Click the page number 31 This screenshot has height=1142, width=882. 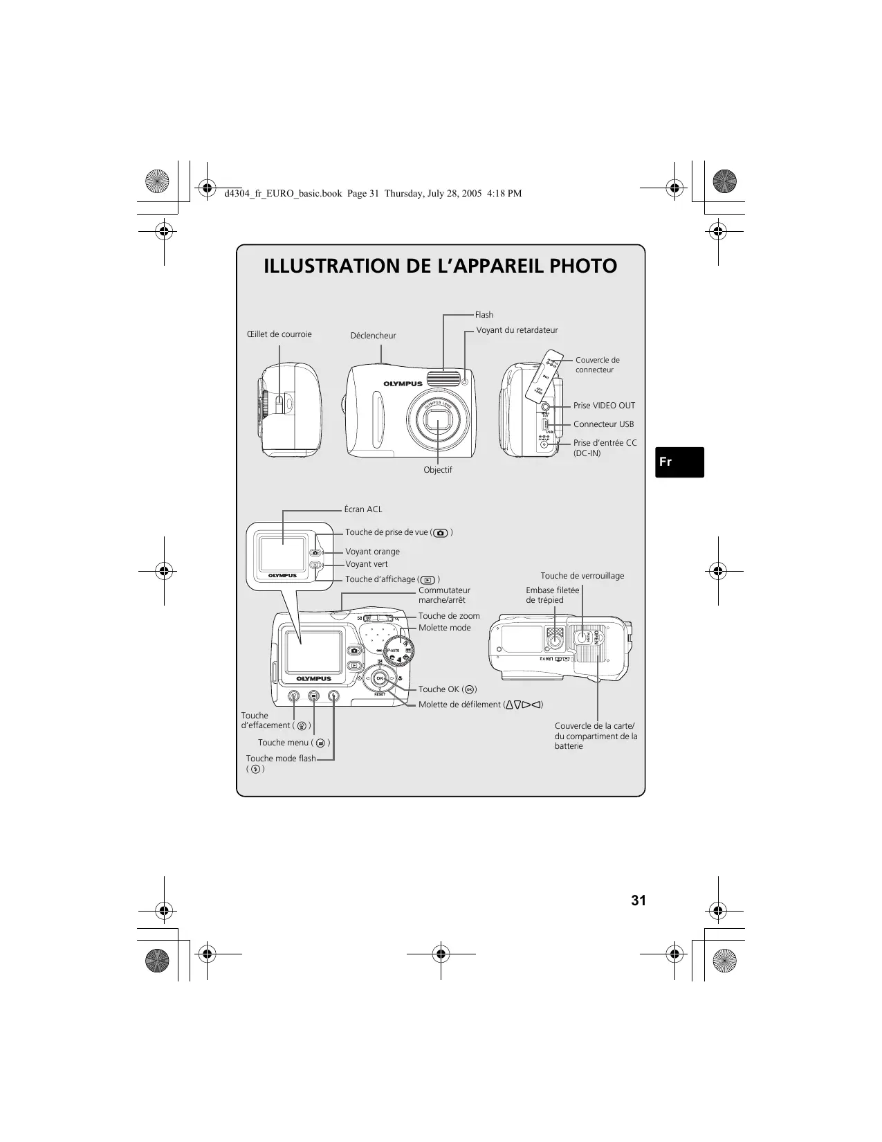(x=638, y=900)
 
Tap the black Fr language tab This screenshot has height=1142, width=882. (x=679, y=462)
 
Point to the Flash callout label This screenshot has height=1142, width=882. (x=484, y=315)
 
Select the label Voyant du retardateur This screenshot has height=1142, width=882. (x=517, y=330)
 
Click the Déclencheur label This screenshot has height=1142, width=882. (x=373, y=336)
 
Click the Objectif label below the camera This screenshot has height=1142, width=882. (x=438, y=470)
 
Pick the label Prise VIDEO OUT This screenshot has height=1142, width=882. (x=604, y=406)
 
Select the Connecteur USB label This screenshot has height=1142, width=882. (x=603, y=424)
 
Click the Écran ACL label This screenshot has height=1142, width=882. (x=363, y=509)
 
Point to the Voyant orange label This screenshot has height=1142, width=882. (x=372, y=552)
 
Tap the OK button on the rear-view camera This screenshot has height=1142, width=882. (x=379, y=678)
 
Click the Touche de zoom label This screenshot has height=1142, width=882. (x=449, y=616)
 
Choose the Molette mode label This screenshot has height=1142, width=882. (x=444, y=628)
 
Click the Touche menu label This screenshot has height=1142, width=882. (x=284, y=743)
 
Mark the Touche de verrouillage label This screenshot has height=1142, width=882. (x=582, y=576)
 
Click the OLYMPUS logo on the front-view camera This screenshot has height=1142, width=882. (x=403, y=383)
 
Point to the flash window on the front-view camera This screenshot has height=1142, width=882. (x=443, y=378)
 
